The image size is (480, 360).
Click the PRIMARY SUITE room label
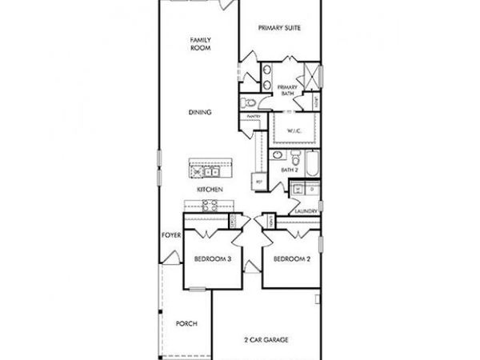(279, 28)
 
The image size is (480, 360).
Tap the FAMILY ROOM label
(200, 44)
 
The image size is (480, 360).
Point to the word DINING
(200, 113)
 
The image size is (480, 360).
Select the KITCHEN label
(210, 189)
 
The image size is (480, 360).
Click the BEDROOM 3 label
(213, 259)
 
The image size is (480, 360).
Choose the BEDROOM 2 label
(290, 259)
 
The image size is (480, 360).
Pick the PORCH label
(186, 324)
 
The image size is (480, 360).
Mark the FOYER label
(170, 235)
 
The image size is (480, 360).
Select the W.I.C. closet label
(294, 132)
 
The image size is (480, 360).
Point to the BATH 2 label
(289, 170)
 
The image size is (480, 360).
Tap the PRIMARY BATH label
(286, 90)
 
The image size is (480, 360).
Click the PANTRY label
(254, 117)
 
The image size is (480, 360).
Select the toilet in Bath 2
(294, 155)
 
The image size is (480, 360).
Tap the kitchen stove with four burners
(207, 206)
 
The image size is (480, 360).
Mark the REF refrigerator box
(258, 181)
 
